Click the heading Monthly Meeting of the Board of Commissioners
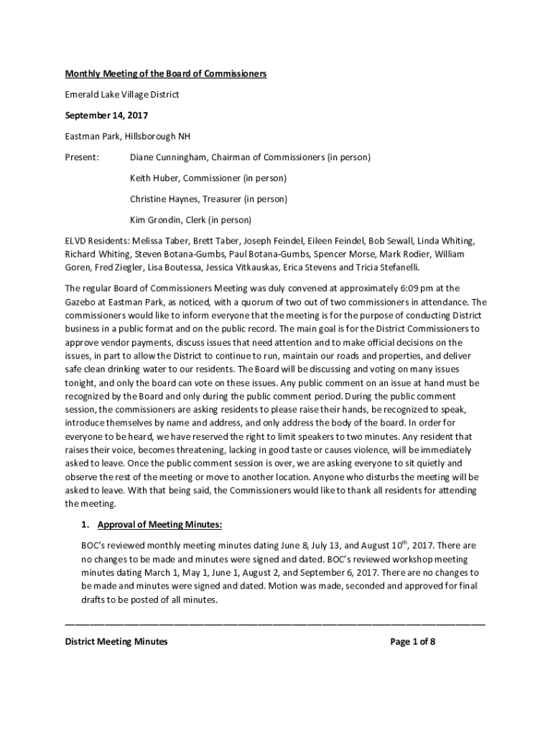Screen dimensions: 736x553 pyautogui.click(x=166, y=73)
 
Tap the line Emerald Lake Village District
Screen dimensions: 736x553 pyautogui.click(x=121, y=94)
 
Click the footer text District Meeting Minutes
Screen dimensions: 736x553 pyautogui.click(x=116, y=642)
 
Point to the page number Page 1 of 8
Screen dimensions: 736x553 pyautogui.click(x=413, y=642)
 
